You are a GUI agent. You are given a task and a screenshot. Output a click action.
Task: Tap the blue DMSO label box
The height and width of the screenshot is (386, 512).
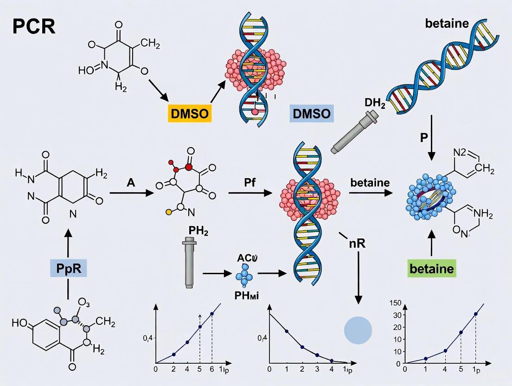(x=311, y=113)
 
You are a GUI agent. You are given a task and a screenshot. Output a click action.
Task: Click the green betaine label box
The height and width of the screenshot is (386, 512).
(x=432, y=269)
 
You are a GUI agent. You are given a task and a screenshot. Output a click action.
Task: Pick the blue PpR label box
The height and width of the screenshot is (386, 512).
(x=68, y=269)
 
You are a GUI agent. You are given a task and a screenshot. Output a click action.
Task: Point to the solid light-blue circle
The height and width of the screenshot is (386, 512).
(x=358, y=331)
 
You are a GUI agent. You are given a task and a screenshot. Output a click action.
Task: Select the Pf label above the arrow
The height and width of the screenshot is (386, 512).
(x=250, y=182)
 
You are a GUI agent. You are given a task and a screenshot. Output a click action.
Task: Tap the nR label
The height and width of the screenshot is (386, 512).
(x=358, y=243)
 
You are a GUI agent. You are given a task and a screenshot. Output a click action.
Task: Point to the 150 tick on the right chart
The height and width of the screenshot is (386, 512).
(x=395, y=303)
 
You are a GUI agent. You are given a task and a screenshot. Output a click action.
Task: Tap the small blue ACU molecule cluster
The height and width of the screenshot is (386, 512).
(x=243, y=277)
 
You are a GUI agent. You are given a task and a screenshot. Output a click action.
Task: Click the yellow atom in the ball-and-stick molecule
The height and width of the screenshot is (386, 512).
(x=169, y=212)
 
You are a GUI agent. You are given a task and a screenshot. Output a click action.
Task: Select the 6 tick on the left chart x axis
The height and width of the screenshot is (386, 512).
(x=212, y=369)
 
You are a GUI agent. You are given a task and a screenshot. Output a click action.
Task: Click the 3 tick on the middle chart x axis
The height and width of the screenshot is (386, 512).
(x=317, y=369)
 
